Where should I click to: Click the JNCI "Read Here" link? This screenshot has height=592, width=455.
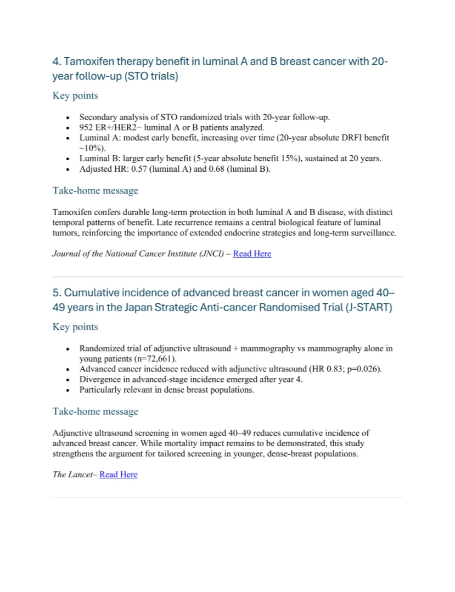click(x=252, y=253)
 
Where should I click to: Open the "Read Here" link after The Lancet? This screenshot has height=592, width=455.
click(x=118, y=475)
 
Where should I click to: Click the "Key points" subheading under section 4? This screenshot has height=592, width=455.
click(x=75, y=96)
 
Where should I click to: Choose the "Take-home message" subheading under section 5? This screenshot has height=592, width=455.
click(x=95, y=411)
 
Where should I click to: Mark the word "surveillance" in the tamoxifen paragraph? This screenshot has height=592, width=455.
click(x=371, y=233)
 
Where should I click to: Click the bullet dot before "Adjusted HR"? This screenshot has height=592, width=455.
click(x=67, y=169)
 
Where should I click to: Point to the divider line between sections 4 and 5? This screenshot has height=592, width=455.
click(x=227, y=277)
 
